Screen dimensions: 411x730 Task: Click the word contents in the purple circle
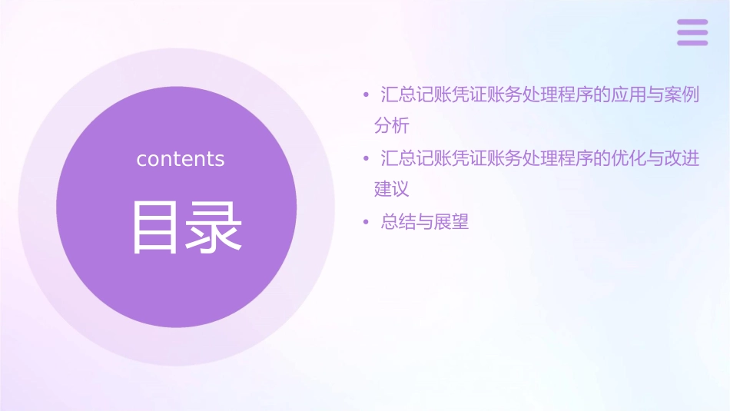point(181,159)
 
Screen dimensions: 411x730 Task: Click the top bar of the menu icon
point(692,22)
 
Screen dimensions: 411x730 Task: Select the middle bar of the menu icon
point(692,32)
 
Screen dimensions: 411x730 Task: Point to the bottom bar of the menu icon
point(692,42)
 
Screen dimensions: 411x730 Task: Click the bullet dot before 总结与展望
point(366,223)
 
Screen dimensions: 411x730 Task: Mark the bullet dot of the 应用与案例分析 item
point(366,96)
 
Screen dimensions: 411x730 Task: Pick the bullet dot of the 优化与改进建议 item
point(366,159)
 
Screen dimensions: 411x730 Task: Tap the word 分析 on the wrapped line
point(391,124)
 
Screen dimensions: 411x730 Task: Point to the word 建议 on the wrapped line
point(391,188)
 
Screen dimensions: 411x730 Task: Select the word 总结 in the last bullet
point(399,223)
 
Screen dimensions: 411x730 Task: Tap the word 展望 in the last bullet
point(451,223)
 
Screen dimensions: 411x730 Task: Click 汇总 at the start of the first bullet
point(399,96)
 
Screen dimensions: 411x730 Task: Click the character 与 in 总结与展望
point(425,223)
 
